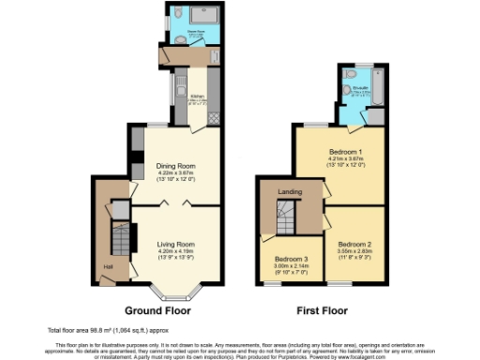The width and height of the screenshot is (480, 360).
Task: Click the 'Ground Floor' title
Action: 157,309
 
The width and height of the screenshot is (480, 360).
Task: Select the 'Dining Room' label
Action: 176,166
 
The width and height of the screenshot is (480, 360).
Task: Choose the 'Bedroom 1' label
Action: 345,151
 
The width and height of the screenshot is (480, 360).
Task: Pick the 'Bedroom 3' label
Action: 291,259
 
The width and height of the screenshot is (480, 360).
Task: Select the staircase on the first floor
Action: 285,217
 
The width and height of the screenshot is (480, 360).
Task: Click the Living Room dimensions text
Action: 175,253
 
